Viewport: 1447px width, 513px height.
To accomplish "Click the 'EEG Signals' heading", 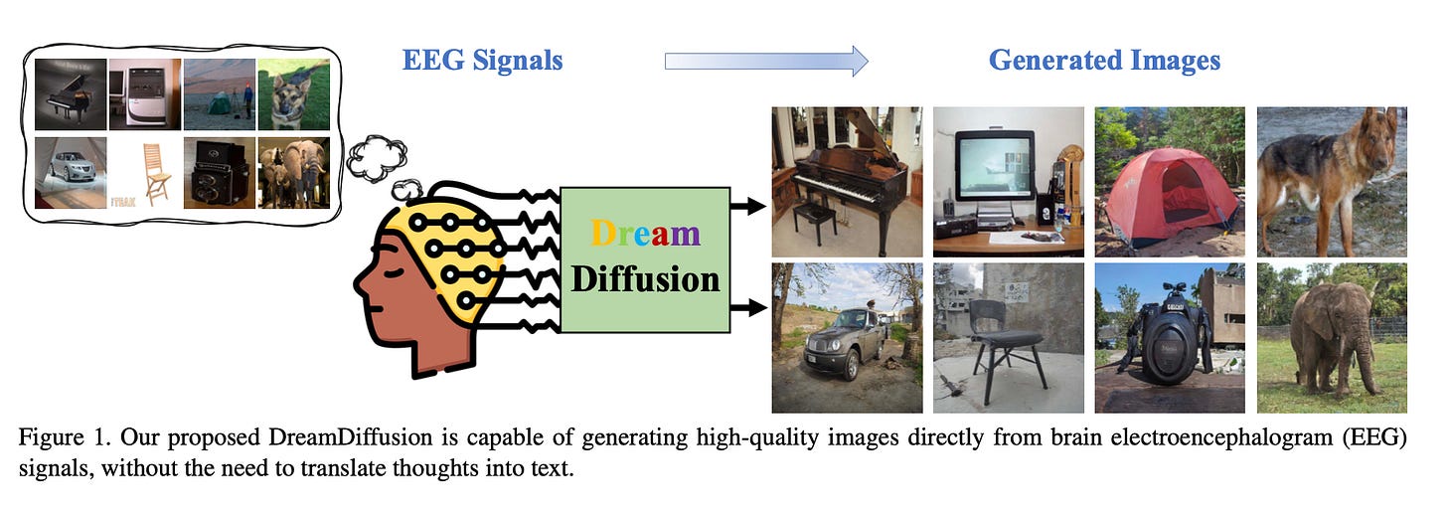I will (482, 61).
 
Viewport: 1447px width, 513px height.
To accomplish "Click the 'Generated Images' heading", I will (1104, 61).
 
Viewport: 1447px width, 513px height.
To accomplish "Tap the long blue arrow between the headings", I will (765, 62).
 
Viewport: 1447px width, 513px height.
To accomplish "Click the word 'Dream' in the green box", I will (645, 234).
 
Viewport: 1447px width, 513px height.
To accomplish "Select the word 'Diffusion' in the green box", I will (645, 279).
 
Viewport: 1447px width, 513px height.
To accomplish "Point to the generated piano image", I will (847, 181).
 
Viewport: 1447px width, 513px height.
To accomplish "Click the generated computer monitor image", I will (1009, 181).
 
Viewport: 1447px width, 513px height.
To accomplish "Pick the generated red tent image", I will (1170, 181).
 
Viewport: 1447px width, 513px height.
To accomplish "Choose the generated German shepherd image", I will (1332, 181).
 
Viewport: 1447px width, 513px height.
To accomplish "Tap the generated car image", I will (847, 338).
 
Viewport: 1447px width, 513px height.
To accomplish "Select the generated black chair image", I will (1009, 338).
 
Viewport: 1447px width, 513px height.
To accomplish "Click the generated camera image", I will (1170, 338).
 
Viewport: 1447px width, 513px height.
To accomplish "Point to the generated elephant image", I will (1332, 338).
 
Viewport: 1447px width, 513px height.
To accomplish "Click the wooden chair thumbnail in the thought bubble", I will (144, 173).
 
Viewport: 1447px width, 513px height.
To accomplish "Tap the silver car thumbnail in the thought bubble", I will (70, 173).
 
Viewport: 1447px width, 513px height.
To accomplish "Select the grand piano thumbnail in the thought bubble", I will (70, 94).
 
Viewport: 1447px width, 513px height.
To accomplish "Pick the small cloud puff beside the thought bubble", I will (376, 159).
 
